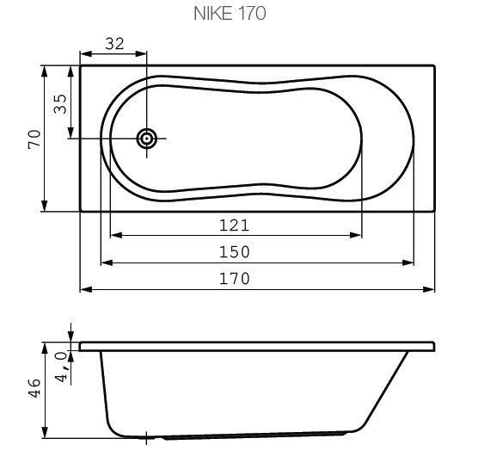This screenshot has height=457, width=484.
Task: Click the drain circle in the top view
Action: click(148, 138)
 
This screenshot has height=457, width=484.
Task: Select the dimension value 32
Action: click(114, 44)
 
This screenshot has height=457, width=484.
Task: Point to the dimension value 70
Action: click(35, 138)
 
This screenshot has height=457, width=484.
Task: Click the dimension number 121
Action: click(234, 225)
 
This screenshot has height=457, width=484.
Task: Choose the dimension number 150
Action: click(234, 251)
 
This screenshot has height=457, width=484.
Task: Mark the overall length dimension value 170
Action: click(234, 278)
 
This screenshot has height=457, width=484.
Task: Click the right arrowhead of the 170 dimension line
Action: click(430, 288)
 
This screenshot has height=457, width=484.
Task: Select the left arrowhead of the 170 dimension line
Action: click(85, 288)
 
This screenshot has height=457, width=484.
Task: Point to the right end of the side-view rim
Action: click(434, 347)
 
